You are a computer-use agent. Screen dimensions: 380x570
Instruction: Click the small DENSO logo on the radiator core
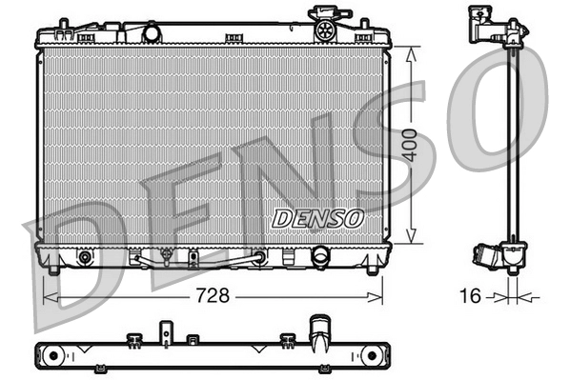pos(318,217)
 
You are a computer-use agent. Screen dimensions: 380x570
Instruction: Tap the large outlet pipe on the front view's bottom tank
pos(319,257)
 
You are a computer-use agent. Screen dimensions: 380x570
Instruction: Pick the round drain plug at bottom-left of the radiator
pos(86,257)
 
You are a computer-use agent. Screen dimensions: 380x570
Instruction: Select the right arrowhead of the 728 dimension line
pos(380,296)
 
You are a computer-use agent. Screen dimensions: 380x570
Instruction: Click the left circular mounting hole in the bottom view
pos(53,355)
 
